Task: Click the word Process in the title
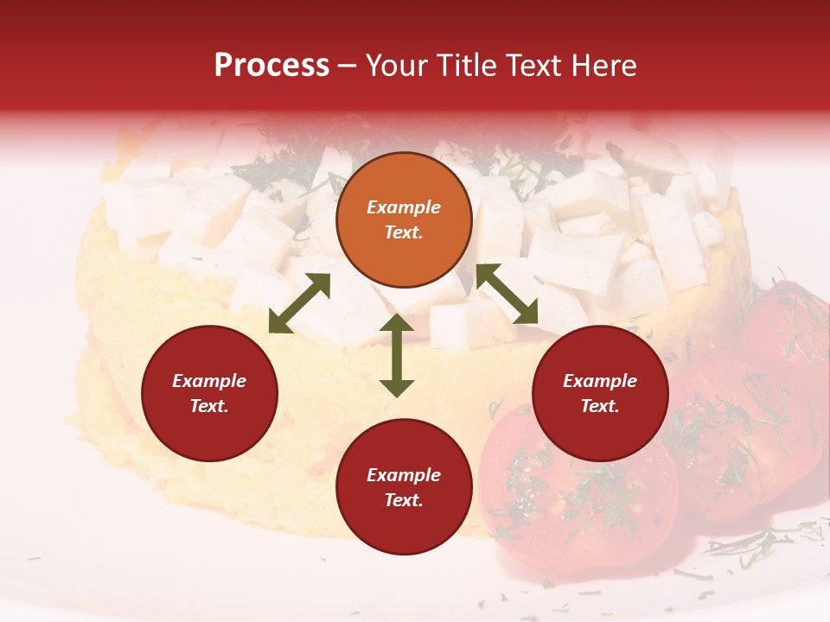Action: [271, 66]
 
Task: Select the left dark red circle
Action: [209, 393]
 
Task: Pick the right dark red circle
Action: [600, 393]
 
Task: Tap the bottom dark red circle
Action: [404, 487]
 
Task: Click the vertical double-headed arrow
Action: [397, 355]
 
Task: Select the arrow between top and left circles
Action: [299, 303]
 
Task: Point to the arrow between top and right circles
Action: [507, 294]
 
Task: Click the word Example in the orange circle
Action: [404, 207]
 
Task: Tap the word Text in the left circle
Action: [209, 406]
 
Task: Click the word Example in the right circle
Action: [600, 381]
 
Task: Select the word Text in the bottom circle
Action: [404, 500]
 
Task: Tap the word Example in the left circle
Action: [209, 381]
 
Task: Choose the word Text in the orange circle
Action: [404, 232]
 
